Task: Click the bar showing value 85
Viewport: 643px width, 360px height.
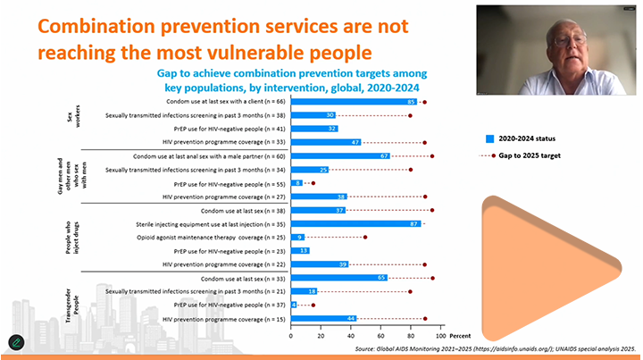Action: click(x=353, y=102)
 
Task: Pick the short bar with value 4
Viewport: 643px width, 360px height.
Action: click(x=294, y=305)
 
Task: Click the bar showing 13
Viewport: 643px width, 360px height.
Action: click(x=299, y=251)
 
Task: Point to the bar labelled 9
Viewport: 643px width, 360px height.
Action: click(x=297, y=237)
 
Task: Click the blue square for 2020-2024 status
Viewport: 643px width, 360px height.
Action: click(x=489, y=138)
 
